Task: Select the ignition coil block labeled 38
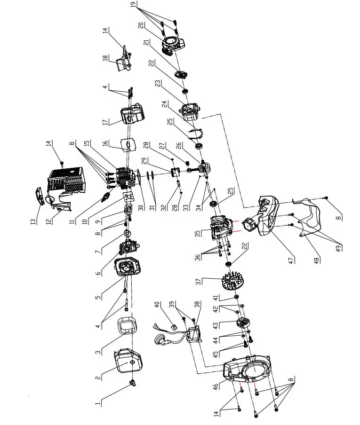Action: click(x=195, y=335)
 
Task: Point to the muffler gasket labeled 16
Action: click(x=126, y=144)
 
